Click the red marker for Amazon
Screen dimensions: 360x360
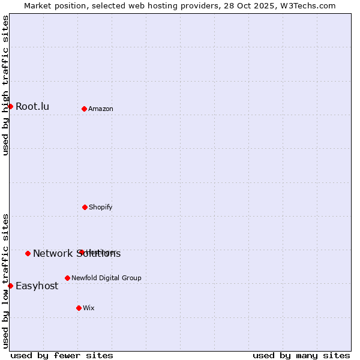(85, 109)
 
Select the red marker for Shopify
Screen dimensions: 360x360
(85, 207)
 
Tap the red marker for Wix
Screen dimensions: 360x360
(79, 308)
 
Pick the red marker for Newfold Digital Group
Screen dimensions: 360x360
(67, 278)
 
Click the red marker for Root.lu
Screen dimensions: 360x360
(10, 106)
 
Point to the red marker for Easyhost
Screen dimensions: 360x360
(10, 286)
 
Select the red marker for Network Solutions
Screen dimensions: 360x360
(28, 253)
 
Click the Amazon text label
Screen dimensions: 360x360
(101, 109)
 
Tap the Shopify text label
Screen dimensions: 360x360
(101, 207)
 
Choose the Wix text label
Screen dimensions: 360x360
(89, 308)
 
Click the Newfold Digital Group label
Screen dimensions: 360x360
(106, 278)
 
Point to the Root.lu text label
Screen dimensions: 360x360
(32, 107)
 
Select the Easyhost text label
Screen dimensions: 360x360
(37, 286)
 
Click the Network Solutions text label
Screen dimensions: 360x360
(77, 254)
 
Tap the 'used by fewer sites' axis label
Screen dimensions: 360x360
(62, 355)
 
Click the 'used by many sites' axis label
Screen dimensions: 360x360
(301, 355)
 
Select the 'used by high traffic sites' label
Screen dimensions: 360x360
(6, 85)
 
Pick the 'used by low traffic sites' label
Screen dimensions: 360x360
(6, 280)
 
